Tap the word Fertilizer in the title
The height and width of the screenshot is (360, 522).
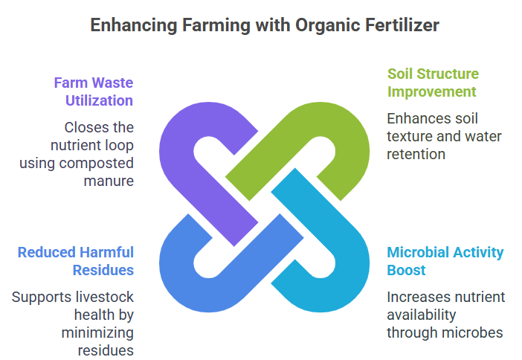tap(402, 25)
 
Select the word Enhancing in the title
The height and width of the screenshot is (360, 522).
tap(134, 26)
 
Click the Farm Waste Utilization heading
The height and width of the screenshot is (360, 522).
tap(94, 91)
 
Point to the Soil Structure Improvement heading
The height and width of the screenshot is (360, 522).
tap(433, 83)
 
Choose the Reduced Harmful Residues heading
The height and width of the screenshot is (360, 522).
tap(76, 261)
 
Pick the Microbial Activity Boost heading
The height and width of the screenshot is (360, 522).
tap(445, 261)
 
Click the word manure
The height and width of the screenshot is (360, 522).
tap(109, 181)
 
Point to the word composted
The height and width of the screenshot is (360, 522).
tap(96, 164)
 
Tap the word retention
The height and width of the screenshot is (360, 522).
tap(416, 154)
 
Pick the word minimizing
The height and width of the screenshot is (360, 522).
tap(97, 333)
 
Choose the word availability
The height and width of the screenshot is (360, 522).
tap(421, 315)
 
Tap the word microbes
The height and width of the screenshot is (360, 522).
tap(477, 332)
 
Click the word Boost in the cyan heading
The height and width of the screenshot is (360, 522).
tap(406, 270)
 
